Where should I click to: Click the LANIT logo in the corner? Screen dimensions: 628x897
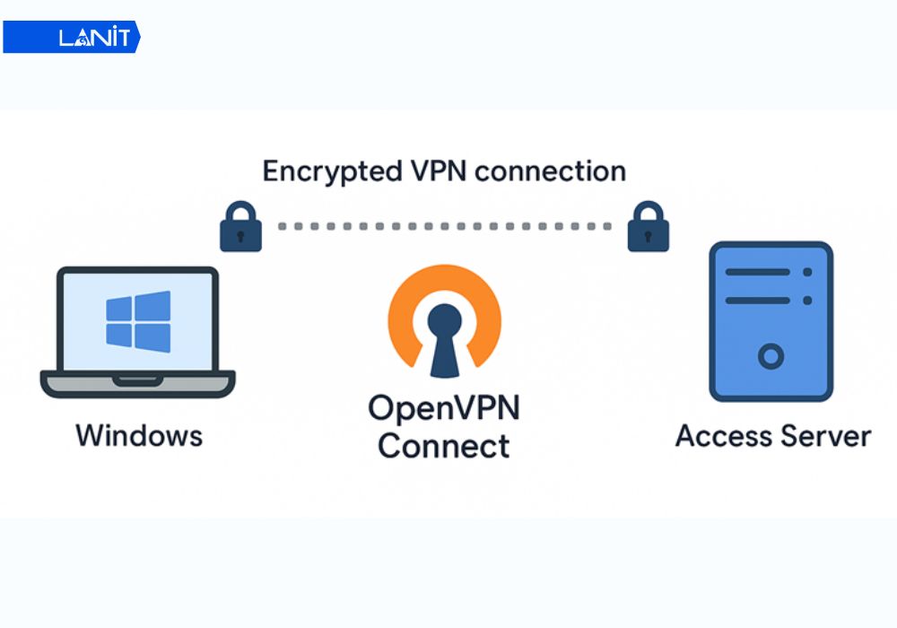72,38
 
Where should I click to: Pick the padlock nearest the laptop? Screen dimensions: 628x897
240,227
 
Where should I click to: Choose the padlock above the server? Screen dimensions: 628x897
648,227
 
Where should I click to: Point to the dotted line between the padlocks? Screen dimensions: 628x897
444,227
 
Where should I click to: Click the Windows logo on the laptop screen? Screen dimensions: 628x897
137,319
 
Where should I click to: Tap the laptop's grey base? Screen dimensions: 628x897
137,384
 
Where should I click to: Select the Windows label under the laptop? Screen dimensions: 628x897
139,436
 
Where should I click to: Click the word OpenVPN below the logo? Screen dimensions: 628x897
444,408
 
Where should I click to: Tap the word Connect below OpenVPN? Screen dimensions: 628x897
444,446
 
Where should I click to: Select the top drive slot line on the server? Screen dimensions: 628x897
757,272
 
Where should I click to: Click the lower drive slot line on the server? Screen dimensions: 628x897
757,301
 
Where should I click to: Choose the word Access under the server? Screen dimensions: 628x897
723,437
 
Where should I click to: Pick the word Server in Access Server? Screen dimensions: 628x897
823,437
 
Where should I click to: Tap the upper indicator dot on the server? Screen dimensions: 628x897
807,272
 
